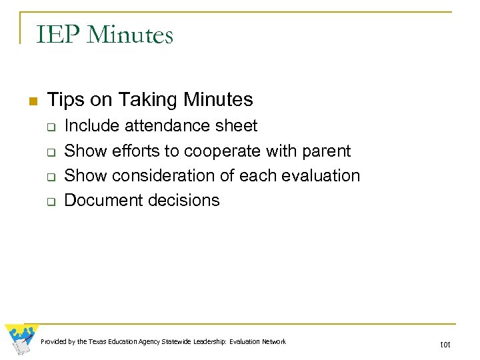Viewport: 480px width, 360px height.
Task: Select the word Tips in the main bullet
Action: point(66,100)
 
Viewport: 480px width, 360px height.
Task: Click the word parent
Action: point(327,151)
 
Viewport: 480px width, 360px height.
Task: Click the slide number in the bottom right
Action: point(445,345)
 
